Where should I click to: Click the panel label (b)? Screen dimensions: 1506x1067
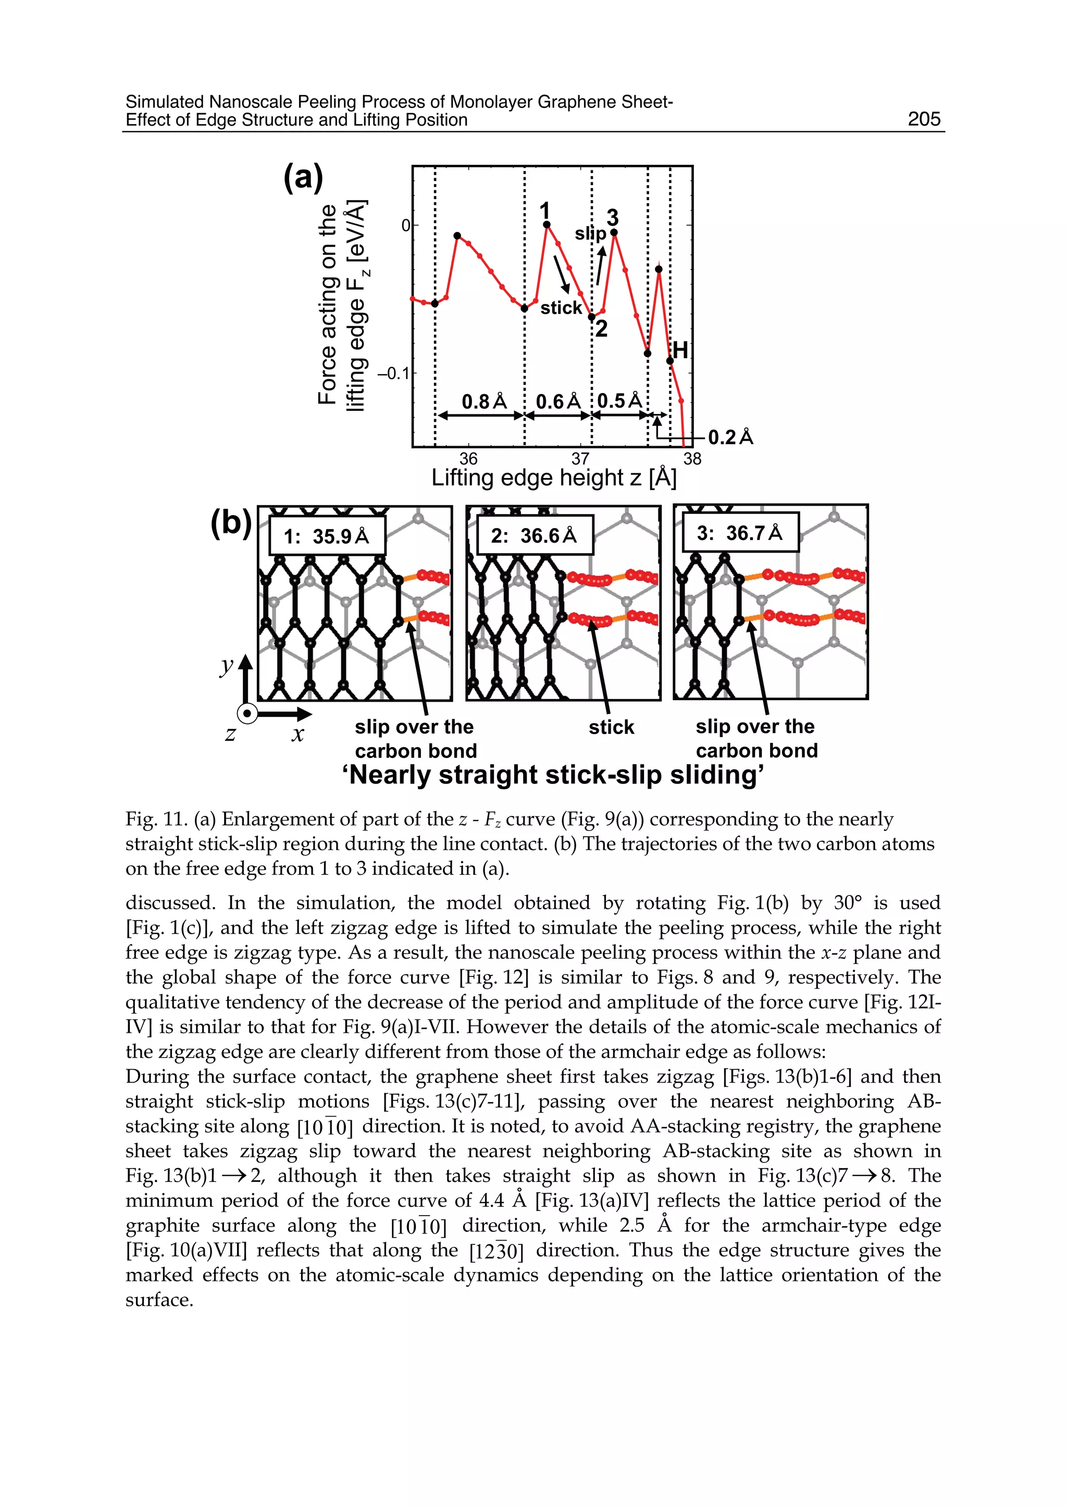231,523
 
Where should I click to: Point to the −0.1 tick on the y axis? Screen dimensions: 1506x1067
392,373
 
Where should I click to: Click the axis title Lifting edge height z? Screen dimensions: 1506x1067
553,478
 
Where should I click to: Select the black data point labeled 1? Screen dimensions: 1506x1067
547,225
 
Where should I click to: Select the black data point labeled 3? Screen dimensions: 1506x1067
614,232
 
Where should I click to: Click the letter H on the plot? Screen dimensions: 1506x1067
680,350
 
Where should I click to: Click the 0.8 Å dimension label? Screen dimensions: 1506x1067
484,401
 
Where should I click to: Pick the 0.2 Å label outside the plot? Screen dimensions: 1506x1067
730,437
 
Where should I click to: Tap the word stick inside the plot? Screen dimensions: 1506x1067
561,308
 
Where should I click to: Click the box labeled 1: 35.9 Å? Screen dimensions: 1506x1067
327,536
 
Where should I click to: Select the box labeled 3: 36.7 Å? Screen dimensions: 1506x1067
739,532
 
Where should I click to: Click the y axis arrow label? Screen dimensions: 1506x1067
227,666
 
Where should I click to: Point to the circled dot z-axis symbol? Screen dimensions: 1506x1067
247,713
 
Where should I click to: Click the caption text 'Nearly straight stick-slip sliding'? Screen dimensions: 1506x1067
553,775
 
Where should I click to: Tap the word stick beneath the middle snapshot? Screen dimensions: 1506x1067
611,727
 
